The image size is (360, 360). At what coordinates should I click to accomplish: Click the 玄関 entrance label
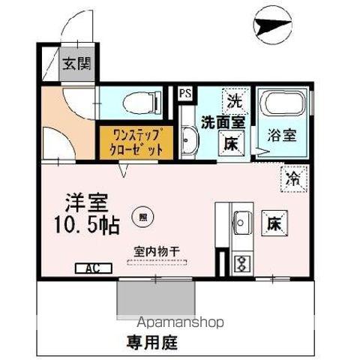pyautogui.click(x=76, y=64)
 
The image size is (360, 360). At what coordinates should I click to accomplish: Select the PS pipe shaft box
pyautogui.click(x=184, y=94)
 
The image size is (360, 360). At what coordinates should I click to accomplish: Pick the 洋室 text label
pyautogui.click(x=87, y=202)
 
